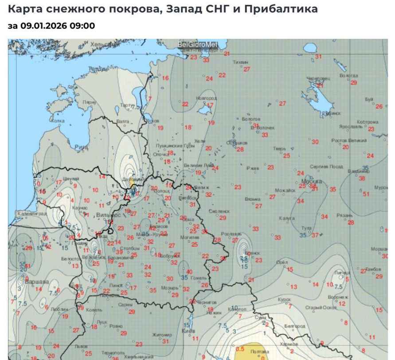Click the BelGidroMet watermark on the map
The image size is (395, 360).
tap(198, 44)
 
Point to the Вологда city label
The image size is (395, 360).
tap(348, 76)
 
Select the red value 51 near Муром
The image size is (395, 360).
tap(366, 194)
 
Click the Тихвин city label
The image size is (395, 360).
tap(241, 62)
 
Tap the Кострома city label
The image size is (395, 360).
tap(367, 122)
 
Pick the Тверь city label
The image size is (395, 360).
tap(279, 148)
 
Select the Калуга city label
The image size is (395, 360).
tap(287, 218)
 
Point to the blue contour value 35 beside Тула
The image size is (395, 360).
tap(303, 235)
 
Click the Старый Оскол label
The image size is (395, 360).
tap(321, 307)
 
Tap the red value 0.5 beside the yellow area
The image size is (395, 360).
tap(240, 348)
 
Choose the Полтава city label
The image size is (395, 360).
tap(259, 351)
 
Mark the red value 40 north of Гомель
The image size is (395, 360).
tap(189, 272)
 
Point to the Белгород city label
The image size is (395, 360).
tap(295, 326)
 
